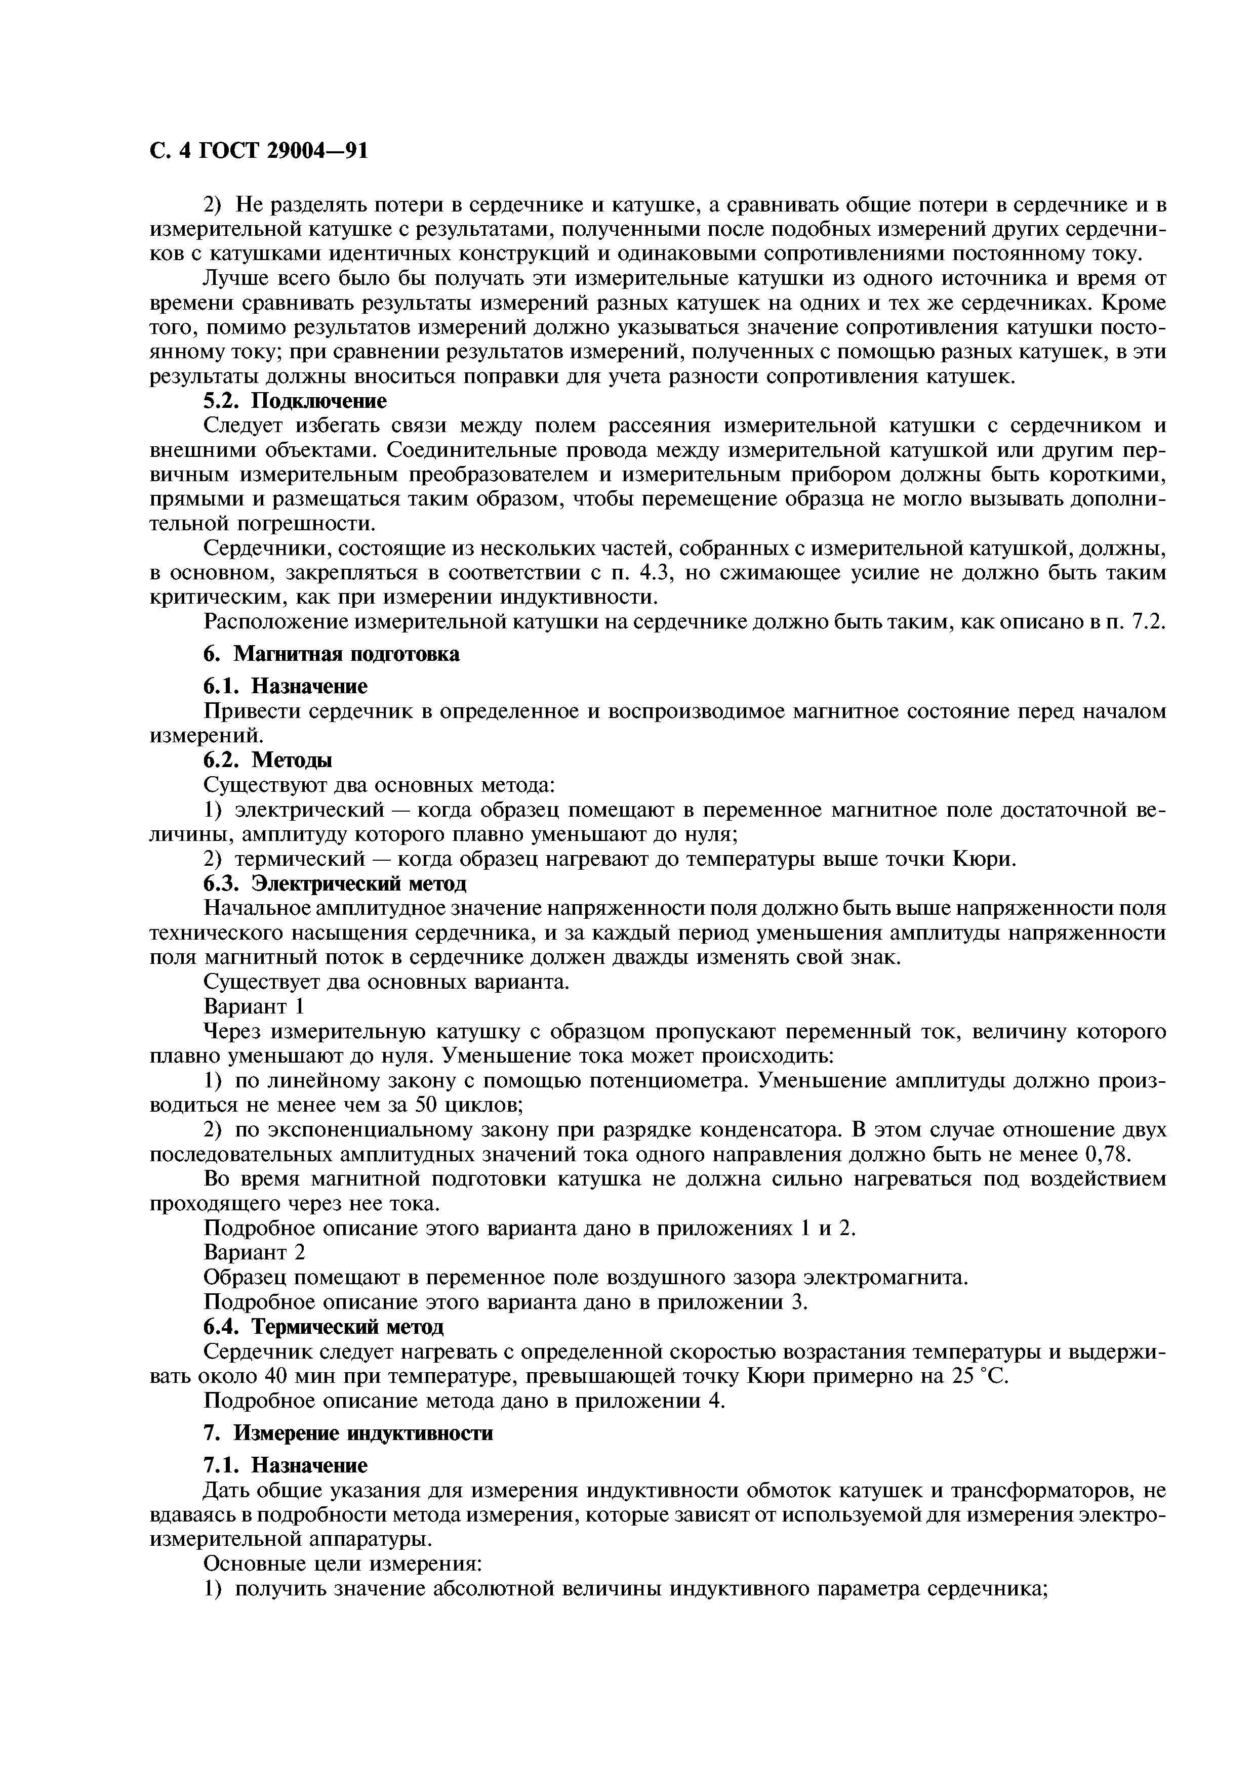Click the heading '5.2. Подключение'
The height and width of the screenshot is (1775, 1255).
[295, 401]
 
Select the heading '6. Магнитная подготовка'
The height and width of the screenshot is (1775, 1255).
[331, 654]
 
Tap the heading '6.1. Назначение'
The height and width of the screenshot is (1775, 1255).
[286, 686]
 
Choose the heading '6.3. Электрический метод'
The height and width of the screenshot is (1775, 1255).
[335, 883]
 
